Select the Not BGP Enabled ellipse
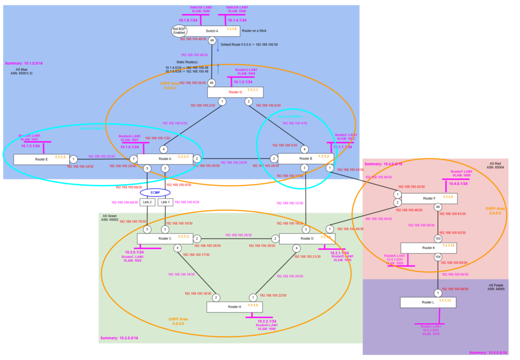[179, 31]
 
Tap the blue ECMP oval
[155, 192]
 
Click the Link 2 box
[148, 202]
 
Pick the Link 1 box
[164, 202]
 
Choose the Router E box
[41, 159]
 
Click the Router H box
[235, 307]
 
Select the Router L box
[426, 303]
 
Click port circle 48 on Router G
[212, 83]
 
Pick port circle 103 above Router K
[438, 238]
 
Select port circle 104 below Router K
[438, 257]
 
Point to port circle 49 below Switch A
[212, 41]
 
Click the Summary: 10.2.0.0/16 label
[120, 338]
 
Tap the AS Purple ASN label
[498, 287]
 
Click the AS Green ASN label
[112, 218]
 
